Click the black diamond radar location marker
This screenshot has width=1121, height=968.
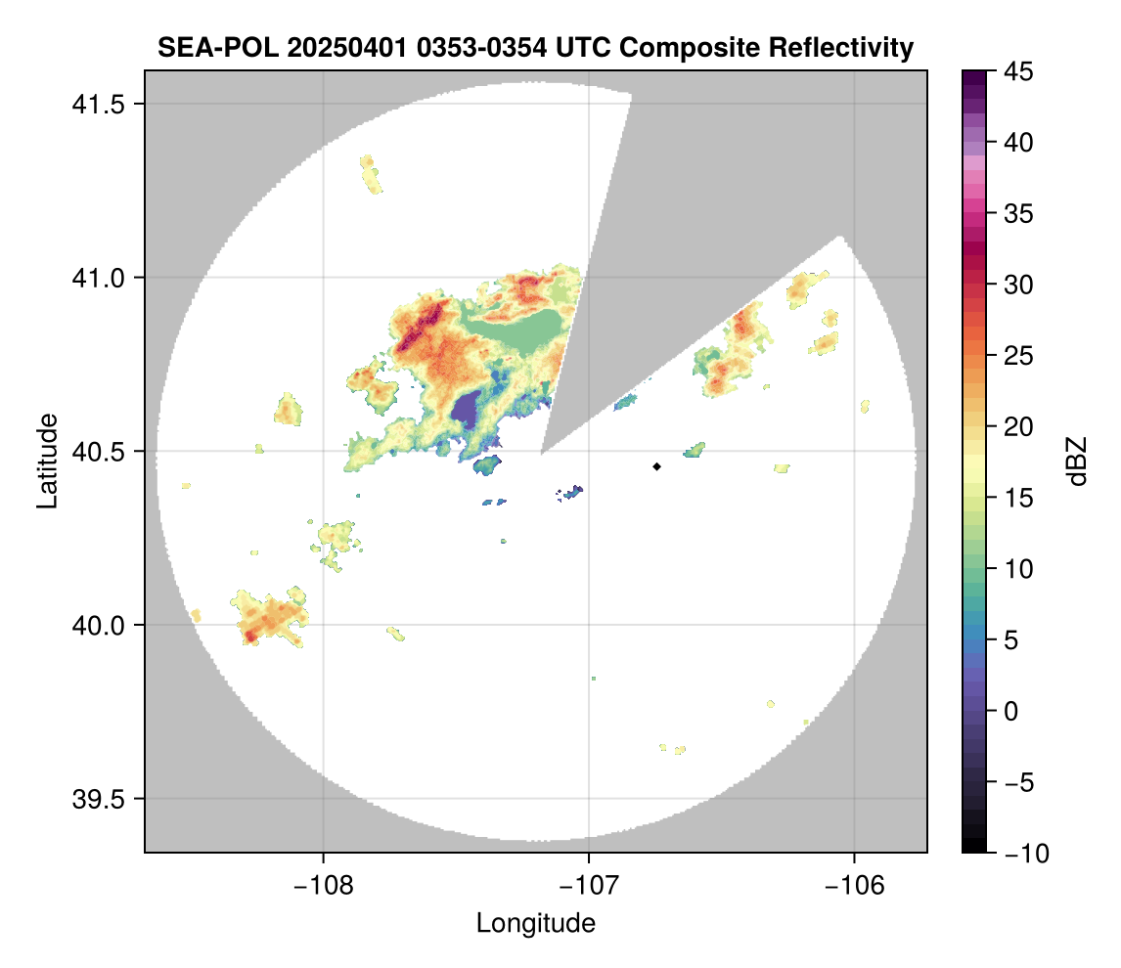656,466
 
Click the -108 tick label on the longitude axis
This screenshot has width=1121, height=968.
323,886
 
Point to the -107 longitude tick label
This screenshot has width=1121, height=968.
589,886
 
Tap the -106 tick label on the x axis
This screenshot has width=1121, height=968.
854,886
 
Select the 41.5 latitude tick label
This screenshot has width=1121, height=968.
99,105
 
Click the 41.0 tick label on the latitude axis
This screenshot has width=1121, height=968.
99,278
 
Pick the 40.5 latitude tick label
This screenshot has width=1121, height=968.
99,452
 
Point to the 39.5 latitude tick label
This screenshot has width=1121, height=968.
99,799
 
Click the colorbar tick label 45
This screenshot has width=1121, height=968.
1018,71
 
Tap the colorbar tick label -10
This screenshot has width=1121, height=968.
1026,853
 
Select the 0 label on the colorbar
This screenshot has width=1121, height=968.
1010,711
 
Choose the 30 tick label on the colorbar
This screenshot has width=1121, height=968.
1018,286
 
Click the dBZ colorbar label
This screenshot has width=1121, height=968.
1077,462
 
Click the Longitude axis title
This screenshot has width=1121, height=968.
535,923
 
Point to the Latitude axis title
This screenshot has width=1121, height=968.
47,461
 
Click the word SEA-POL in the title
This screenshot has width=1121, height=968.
218,48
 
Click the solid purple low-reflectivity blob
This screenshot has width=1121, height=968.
467,410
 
